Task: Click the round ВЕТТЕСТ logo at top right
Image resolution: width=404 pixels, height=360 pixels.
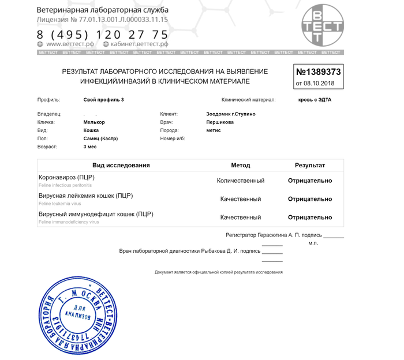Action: (321, 27)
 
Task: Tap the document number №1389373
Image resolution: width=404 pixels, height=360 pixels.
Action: (319, 73)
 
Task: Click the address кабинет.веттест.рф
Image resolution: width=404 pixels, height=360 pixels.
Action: (140, 44)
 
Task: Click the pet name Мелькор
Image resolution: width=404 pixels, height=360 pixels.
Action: (94, 122)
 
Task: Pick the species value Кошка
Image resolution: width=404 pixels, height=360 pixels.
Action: (91, 130)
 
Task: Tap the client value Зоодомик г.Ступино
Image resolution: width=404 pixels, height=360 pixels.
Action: (230, 114)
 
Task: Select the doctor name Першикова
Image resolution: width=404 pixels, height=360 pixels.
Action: (220, 122)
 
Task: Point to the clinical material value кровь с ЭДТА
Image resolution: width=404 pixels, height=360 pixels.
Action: (315, 100)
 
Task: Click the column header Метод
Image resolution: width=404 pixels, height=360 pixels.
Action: (240, 165)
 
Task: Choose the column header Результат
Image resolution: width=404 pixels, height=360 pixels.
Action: (310, 165)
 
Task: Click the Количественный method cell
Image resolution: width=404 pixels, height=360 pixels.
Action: (240, 181)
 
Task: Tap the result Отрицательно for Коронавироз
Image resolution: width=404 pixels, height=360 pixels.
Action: (310, 181)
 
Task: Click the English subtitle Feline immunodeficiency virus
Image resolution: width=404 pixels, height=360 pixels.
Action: (69, 222)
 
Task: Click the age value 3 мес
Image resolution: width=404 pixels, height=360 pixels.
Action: (89, 147)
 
